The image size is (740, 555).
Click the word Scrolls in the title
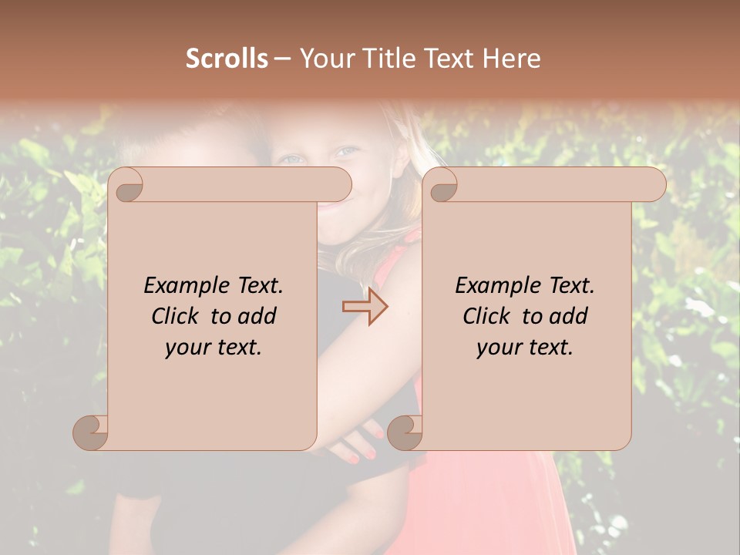[227, 59]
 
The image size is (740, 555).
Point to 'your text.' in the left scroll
[214, 347]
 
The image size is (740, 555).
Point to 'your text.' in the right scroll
[525, 347]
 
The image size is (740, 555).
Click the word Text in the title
[448, 59]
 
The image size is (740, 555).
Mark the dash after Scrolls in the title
[283, 59]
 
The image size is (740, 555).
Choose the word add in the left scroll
[258, 316]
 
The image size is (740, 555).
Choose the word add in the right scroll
[570, 316]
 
